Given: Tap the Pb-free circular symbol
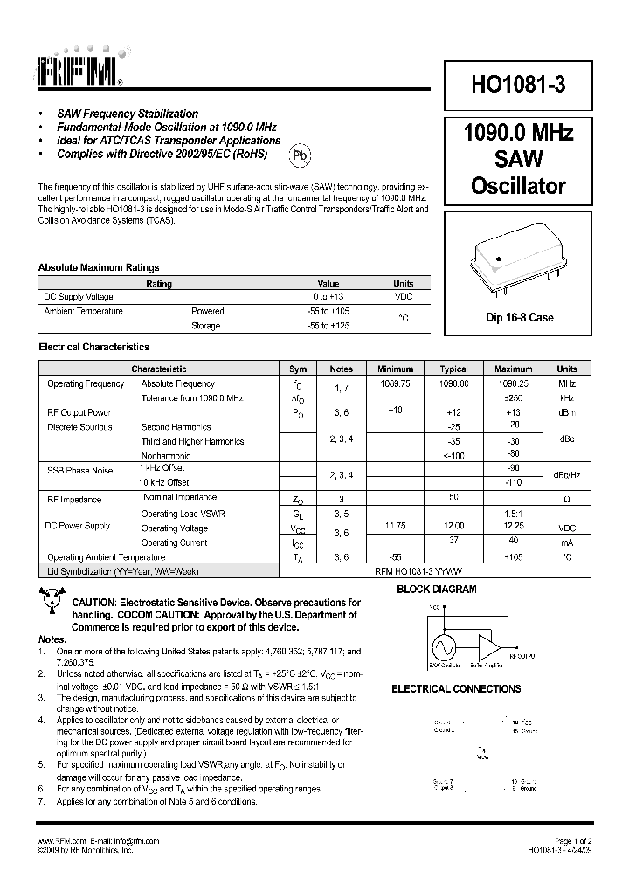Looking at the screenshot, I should pos(300,155).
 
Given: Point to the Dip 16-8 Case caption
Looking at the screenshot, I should pos(520,318).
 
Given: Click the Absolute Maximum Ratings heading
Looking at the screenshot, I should pos(98,268).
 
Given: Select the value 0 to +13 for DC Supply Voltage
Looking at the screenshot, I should pos(328,297).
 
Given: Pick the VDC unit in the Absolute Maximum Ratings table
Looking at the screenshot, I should pos(403,297).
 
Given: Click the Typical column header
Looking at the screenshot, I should pos(453,369).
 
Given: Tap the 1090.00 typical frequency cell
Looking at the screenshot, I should pos(453,383).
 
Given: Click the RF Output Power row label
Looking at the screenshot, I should pos(79,412).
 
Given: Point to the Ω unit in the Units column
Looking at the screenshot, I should pos(567,499).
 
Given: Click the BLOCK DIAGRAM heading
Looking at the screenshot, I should pos(437,590).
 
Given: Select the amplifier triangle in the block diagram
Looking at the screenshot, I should pos(492,647).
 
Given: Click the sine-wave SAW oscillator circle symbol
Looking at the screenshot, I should pos(442,647).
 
